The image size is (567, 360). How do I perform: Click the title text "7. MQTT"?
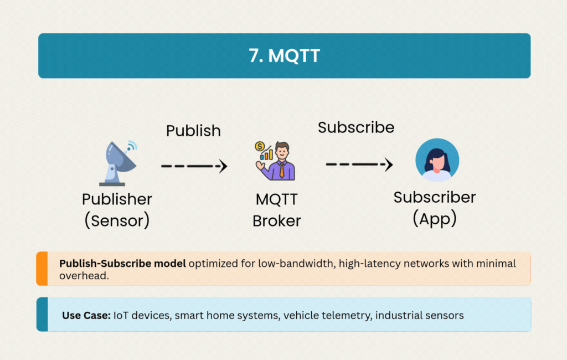pos(284,56)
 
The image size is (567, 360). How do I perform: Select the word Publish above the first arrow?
pos(193,131)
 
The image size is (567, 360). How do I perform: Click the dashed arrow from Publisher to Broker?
pos(194,166)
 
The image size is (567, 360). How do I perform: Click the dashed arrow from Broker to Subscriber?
pos(359,164)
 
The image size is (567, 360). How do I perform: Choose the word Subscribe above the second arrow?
pos(356,127)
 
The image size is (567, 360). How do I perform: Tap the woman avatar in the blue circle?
pos(437,160)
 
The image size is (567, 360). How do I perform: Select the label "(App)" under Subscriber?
pos(435,218)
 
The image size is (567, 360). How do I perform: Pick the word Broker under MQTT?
pos(277,220)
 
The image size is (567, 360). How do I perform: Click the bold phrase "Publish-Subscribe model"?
pos(122,263)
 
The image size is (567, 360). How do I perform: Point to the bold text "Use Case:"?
pos(86,315)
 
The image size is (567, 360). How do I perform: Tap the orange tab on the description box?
pos(42,269)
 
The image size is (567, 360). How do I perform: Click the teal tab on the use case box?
pos(42,315)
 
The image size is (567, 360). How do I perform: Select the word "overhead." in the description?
pos(83,275)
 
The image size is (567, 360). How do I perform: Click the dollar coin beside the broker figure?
pos(259,147)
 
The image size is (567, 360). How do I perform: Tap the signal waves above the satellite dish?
pos(132,147)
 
